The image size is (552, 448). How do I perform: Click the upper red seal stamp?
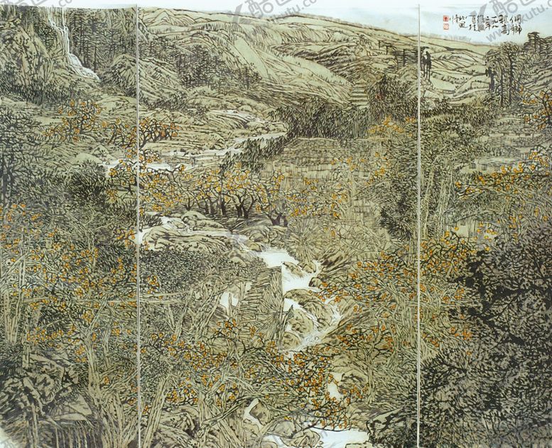point(446,18)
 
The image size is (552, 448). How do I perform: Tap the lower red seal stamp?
point(446,26)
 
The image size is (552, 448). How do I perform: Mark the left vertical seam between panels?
point(138,228)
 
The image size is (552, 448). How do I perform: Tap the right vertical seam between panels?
point(418,228)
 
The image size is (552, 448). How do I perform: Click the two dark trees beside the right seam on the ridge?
point(427,64)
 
